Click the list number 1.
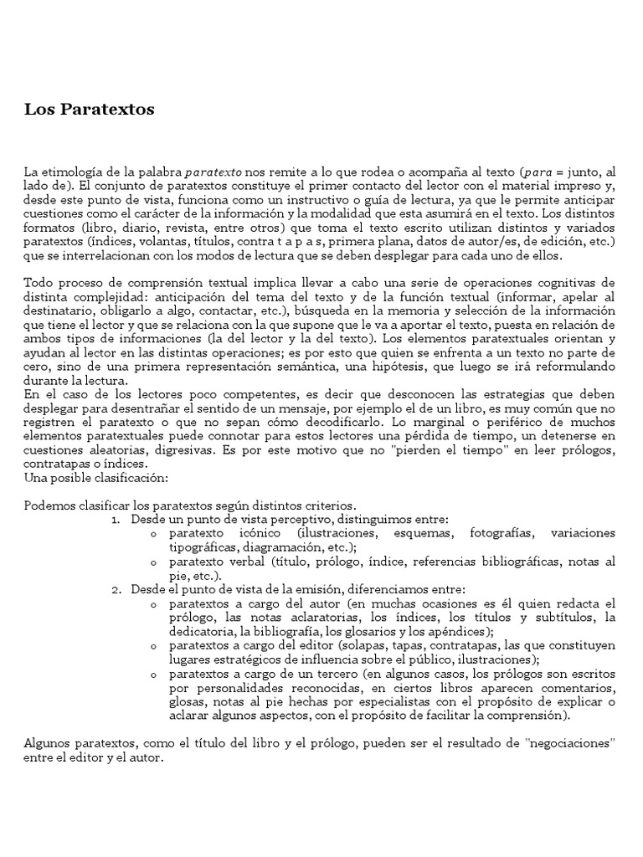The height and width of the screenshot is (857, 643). click(x=116, y=519)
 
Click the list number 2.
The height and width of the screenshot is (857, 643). click(x=116, y=588)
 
